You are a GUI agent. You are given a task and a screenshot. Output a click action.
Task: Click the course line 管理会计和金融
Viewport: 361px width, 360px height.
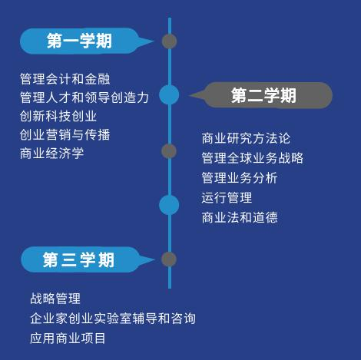65,79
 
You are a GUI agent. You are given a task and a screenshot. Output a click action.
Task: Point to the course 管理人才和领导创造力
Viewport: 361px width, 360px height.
84,97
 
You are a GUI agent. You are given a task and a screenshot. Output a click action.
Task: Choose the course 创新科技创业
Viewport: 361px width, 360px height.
58,116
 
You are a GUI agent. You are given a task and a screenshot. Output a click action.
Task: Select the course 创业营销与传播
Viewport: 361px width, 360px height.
65,135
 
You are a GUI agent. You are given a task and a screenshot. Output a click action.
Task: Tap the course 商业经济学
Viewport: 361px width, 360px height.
52,154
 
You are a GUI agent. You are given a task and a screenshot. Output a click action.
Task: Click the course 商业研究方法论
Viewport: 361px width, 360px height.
246,138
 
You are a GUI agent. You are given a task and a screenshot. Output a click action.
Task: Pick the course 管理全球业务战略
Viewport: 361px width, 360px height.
253,158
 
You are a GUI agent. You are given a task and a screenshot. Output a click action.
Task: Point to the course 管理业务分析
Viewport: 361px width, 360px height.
240,178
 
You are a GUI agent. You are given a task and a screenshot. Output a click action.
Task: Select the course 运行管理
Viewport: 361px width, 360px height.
227,198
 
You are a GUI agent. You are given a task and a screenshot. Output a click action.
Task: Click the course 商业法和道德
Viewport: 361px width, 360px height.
240,217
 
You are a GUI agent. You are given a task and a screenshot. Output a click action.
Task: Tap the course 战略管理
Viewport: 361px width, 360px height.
55,299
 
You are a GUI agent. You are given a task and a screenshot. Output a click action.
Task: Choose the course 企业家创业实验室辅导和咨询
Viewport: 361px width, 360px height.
113,319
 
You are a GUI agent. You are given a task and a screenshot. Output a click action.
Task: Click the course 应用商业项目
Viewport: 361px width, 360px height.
68,339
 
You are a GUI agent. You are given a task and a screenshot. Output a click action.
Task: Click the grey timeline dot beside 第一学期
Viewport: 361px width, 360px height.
169,41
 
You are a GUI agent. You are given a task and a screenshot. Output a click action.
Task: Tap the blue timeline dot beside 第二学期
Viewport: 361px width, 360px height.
169,94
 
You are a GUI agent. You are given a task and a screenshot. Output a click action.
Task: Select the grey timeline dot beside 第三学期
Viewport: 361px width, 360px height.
169,259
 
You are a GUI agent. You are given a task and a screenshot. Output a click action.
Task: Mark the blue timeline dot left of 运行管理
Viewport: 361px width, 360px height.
169,205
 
